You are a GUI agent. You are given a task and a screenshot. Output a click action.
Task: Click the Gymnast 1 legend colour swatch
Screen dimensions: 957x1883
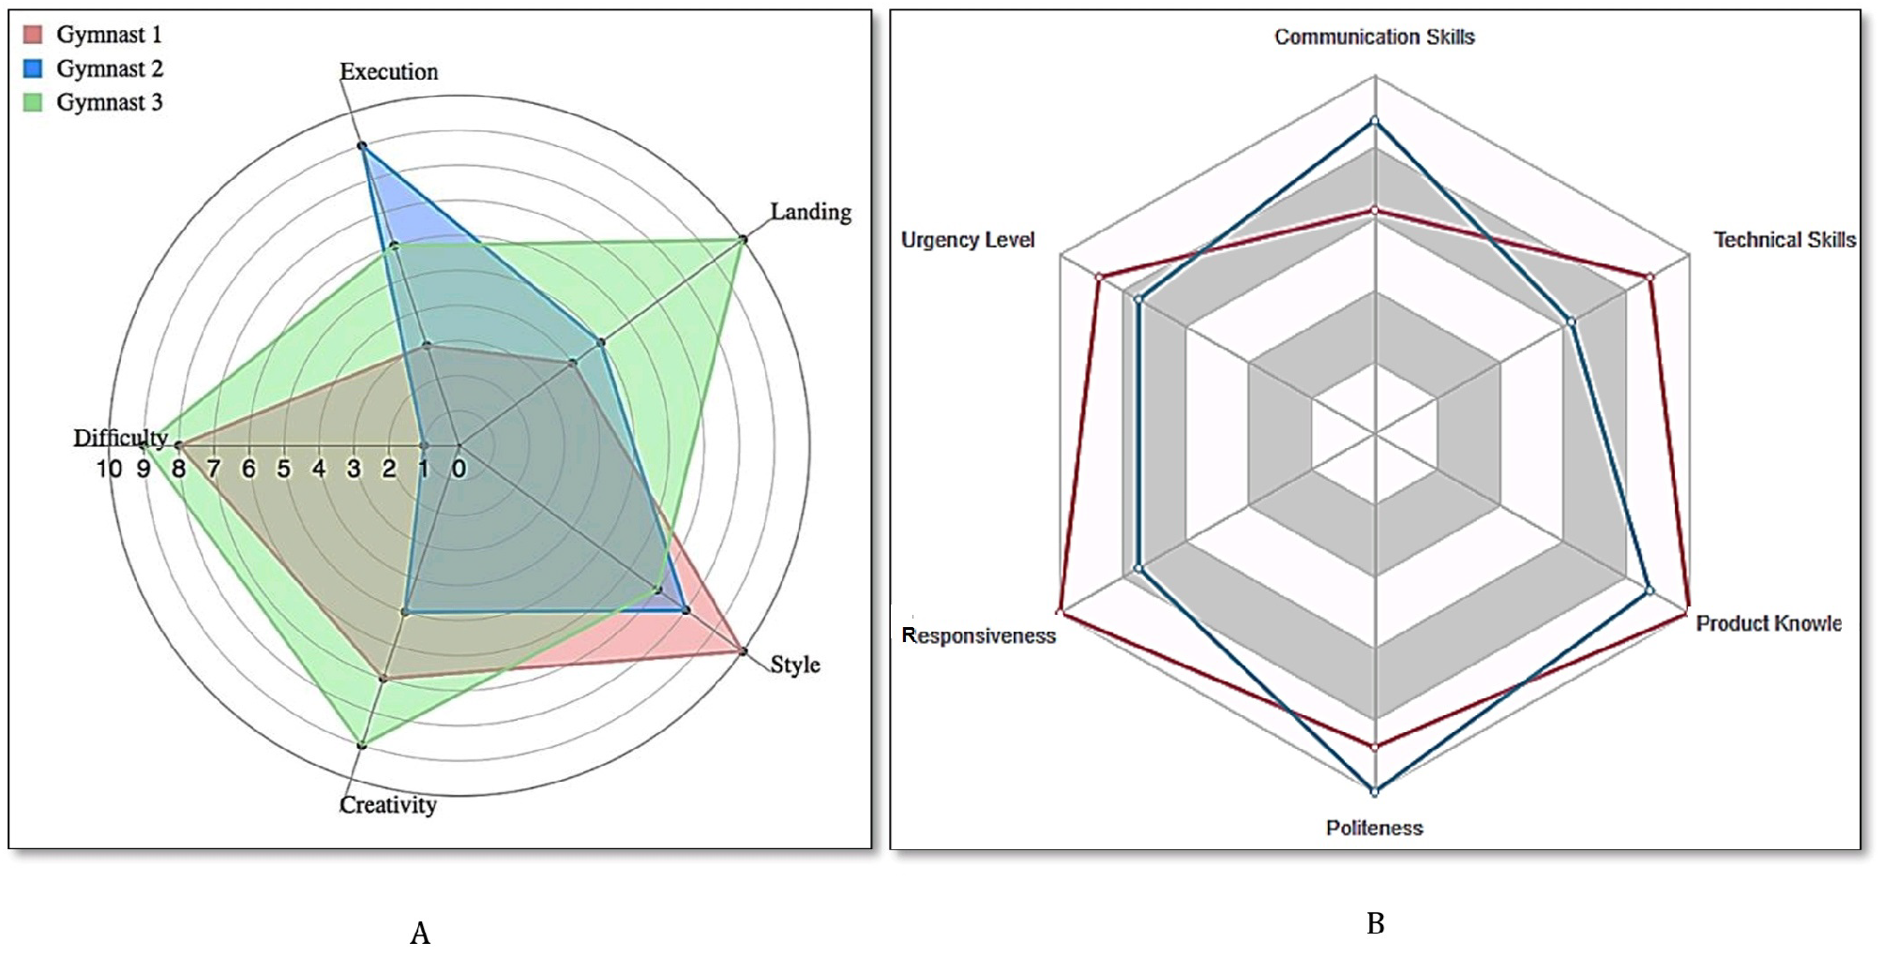tap(33, 35)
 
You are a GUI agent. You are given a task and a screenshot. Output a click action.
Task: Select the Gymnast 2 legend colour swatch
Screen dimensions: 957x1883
tap(33, 68)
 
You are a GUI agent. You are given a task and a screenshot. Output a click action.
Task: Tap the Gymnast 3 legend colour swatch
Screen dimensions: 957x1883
tap(33, 102)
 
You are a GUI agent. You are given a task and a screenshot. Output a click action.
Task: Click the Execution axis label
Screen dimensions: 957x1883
tap(388, 72)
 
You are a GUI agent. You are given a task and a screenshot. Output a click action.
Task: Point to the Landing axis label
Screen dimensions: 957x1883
tap(810, 212)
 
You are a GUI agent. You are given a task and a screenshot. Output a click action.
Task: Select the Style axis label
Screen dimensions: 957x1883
tap(794, 665)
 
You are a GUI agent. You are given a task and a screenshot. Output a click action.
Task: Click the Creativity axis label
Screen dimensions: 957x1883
tap(388, 805)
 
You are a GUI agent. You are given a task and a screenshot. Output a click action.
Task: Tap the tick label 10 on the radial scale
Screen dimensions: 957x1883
tap(109, 469)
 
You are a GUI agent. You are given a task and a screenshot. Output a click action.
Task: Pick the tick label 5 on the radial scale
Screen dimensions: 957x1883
tap(283, 469)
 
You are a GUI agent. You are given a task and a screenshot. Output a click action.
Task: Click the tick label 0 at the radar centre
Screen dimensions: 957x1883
tap(459, 469)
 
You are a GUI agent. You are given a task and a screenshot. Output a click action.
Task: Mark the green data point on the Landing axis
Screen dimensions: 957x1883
tap(744, 240)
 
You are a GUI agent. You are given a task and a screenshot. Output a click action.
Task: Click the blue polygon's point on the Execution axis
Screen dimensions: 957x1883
tap(362, 146)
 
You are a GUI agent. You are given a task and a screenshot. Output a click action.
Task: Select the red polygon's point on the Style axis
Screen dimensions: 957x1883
tap(744, 651)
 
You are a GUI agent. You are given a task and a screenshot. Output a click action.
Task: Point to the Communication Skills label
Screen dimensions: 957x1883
tap(1374, 37)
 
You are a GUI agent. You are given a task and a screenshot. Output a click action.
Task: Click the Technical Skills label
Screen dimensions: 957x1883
tap(1785, 240)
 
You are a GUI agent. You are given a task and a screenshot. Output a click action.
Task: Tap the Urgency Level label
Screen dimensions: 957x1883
tap(968, 240)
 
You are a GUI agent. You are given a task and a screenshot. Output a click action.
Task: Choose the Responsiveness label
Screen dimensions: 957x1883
tap(978, 636)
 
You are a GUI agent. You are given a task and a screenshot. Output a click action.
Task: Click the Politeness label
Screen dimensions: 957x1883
tap(1374, 828)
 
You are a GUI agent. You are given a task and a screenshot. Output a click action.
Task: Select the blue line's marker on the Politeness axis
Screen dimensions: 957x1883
tap(1375, 792)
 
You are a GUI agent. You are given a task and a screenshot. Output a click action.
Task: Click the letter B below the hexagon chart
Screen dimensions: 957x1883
tap(1376, 924)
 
